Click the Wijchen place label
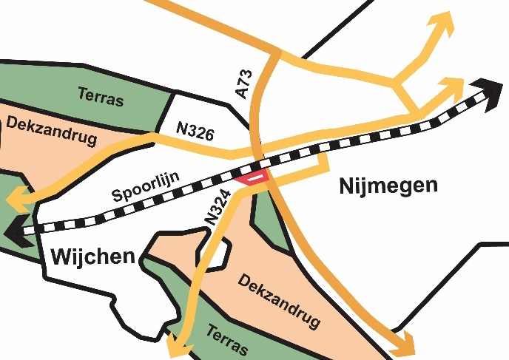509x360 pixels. coord(92,257)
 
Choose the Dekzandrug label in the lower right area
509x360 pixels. coord(279,301)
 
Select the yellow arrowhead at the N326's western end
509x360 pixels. coord(16,200)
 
